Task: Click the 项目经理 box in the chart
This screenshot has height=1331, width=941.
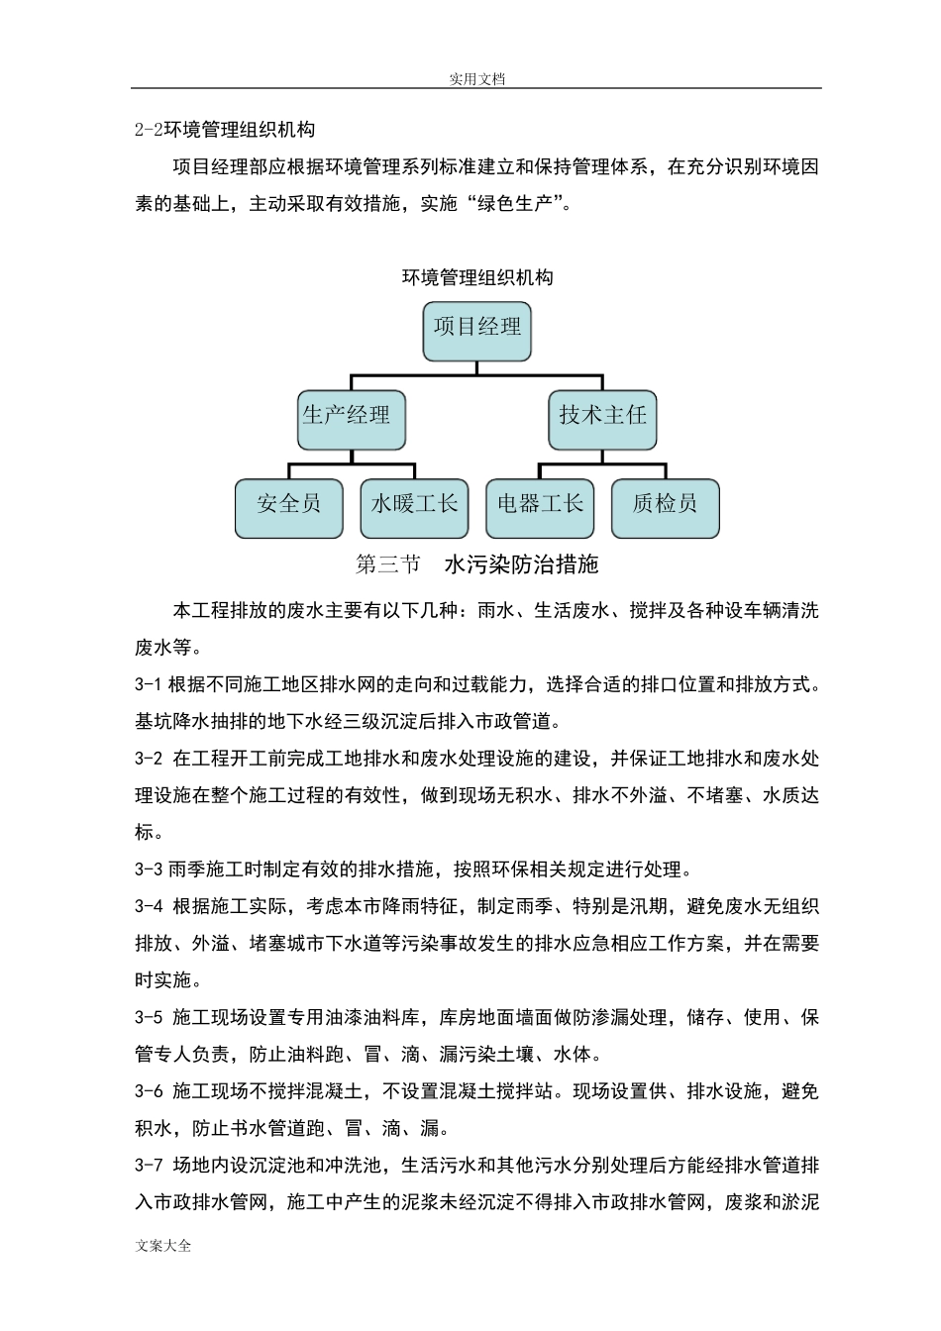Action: coord(476,328)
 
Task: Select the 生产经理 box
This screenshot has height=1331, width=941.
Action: coord(346,416)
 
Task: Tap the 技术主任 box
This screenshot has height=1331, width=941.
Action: coord(602,416)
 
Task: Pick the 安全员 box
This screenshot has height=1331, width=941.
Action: coord(289,505)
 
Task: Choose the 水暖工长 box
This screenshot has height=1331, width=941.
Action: coord(414,505)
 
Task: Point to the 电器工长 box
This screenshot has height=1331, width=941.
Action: coord(540,505)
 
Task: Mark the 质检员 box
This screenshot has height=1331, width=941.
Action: coord(665,505)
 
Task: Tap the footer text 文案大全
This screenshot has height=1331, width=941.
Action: coord(163,1246)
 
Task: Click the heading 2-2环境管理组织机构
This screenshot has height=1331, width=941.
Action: coord(225,130)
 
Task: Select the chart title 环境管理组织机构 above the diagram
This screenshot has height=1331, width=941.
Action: coord(476,278)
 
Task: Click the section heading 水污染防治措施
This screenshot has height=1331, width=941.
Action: coord(522,565)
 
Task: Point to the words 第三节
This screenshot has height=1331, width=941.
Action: coord(387,565)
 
